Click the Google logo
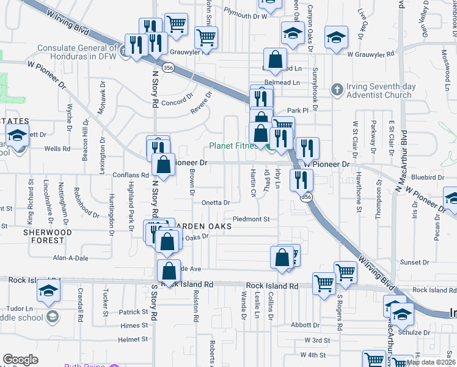tap(20, 360)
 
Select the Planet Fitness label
tap(233, 146)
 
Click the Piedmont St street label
tap(251, 219)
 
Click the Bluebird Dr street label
tap(428, 177)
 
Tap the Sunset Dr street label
tap(417, 262)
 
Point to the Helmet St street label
tap(133, 339)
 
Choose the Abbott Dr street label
tap(305, 325)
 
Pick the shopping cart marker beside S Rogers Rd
tap(345, 272)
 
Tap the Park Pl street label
tap(298, 110)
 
